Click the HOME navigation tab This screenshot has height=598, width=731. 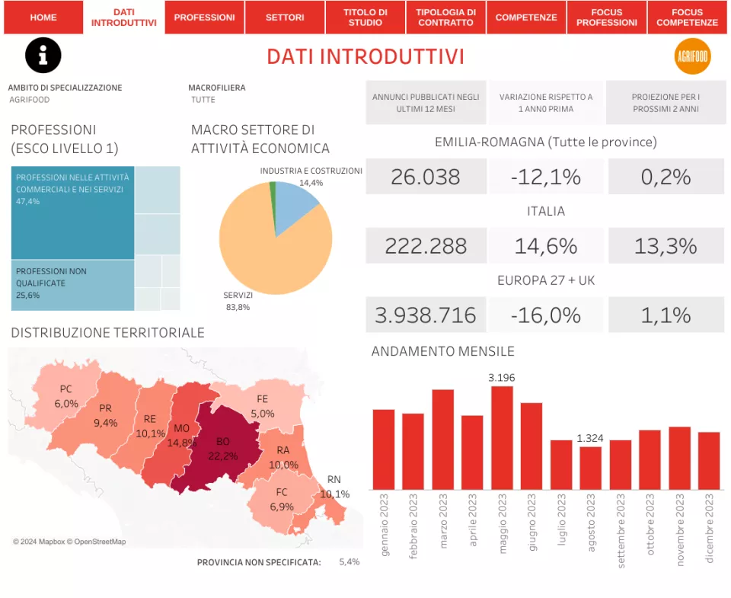(43, 18)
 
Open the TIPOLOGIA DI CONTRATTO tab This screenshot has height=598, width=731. (445, 18)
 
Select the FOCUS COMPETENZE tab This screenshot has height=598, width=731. (687, 18)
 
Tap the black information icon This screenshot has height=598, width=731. (43, 56)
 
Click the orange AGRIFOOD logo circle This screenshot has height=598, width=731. (692, 56)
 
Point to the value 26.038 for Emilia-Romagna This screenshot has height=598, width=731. (425, 177)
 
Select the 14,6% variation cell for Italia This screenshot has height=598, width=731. (545, 246)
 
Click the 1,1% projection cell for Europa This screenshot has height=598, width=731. (666, 315)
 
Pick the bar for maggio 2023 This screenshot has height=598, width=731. (502, 438)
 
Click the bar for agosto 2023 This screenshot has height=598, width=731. (590, 468)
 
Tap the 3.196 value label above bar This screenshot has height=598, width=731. (502, 377)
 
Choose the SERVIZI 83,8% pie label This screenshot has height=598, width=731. (238, 300)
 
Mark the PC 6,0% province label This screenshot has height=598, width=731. (66, 397)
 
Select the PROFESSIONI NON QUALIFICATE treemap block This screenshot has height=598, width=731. (72, 285)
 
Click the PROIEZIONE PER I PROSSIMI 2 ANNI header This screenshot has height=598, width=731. (666, 103)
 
